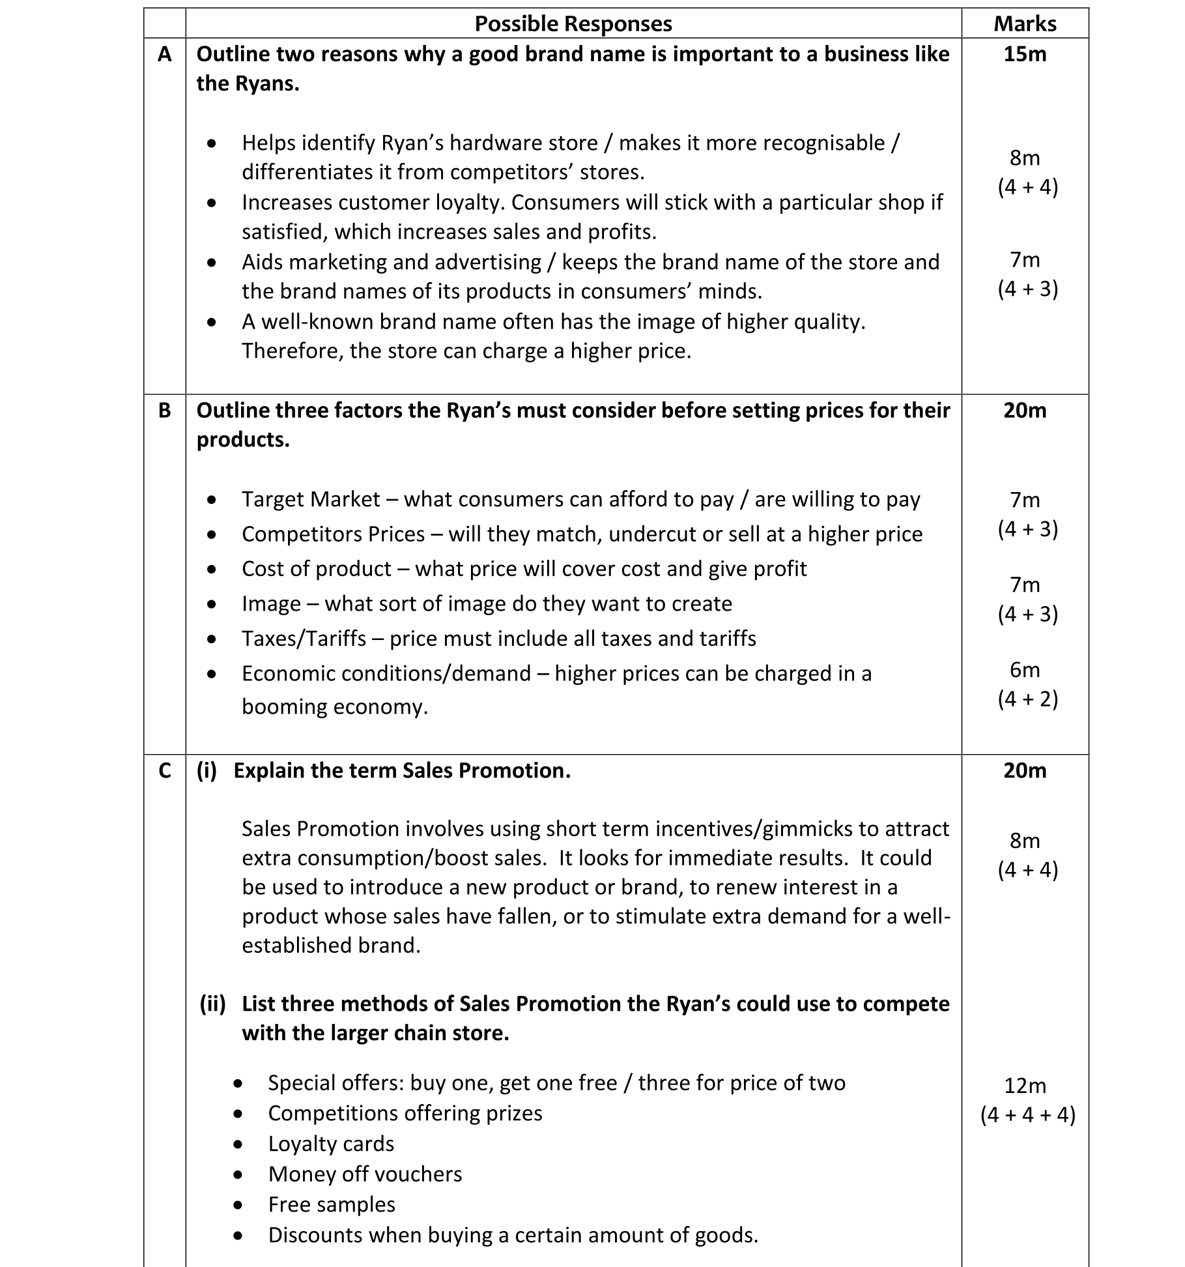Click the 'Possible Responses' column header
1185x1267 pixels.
tap(573, 23)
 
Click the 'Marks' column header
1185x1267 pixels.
tap(1025, 23)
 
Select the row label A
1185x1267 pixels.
tap(165, 53)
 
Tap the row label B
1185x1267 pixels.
tap(165, 410)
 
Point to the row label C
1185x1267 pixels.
tap(165, 770)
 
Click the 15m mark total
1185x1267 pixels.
tap(1025, 53)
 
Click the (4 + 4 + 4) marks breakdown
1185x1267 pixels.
tap(1027, 1114)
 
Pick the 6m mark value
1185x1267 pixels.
tap(1025, 669)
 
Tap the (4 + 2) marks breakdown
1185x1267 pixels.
tap(1027, 699)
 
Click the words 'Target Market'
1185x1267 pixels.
tap(311, 499)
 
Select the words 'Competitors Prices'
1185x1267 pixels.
tap(333, 534)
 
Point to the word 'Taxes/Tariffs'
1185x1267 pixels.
tap(304, 639)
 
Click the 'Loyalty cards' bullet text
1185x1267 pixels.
tap(331, 1144)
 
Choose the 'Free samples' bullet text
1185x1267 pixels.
tap(332, 1204)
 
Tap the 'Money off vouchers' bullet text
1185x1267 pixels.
tap(365, 1174)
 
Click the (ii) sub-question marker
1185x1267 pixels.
tap(212, 1004)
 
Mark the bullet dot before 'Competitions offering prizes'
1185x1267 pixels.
tap(238, 1114)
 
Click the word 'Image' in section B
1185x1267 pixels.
tap(271, 604)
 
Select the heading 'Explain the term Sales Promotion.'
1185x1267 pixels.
tap(402, 770)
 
